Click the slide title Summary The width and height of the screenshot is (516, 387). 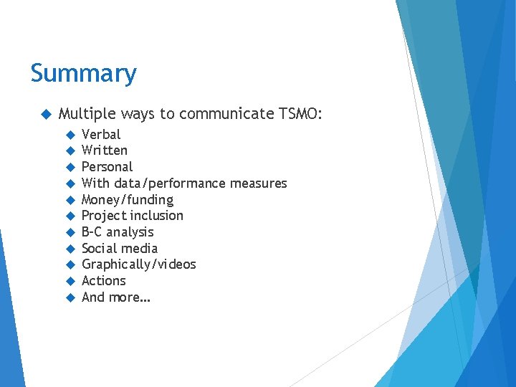point(83,73)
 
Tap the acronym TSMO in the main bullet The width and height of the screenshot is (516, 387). point(300,113)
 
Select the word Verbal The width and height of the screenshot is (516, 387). point(101,134)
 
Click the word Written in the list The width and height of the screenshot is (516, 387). point(105,150)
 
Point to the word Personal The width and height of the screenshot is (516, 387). point(107,167)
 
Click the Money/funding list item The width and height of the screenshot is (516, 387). point(128,200)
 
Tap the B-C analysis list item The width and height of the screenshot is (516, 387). point(118,232)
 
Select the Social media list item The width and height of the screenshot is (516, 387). point(120,249)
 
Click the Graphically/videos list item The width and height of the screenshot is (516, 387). point(138,264)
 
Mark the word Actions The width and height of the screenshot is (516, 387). point(103,281)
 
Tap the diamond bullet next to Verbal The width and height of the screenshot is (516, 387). point(70,135)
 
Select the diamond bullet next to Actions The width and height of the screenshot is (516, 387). point(70,281)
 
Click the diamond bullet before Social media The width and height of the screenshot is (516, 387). point(70,249)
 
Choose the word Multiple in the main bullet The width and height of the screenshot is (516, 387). point(87,113)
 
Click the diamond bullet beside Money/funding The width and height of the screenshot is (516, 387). point(70,200)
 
